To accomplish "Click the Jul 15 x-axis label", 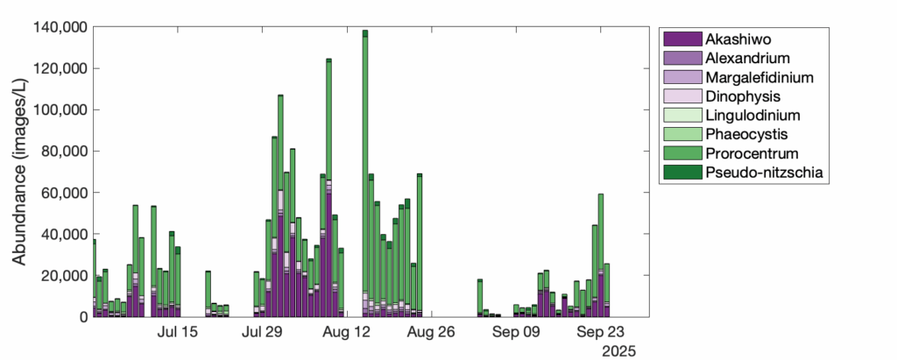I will [x=178, y=333].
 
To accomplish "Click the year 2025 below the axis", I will [x=619, y=350].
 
